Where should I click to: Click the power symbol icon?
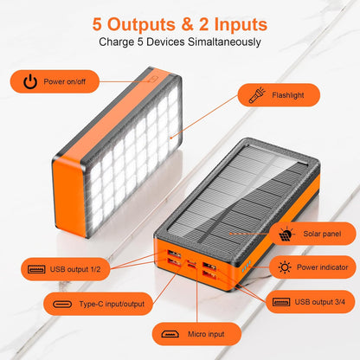pyautogui.click(x=31, y=82)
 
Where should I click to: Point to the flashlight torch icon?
pyautogui.click(x=256, y=94)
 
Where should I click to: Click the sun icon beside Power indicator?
pyautogui.click(x=285, y=267)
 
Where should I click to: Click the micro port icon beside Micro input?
pyautogui.click(x=170, y=333)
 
